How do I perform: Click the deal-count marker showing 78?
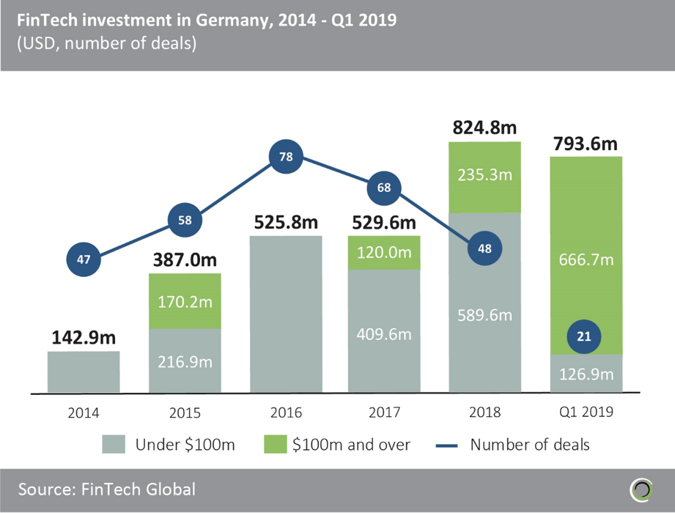[285, 157]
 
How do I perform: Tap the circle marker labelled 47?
[83, 259]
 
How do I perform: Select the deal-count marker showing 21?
[584, 337]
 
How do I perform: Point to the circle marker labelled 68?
[384, 188]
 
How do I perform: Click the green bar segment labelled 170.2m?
[185, 300]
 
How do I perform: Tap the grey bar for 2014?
[84, 372]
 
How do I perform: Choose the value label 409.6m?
[384, 334]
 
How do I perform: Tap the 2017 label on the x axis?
[384, 412]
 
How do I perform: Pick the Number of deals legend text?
[529, 444]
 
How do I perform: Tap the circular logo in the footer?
[642, 488]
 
